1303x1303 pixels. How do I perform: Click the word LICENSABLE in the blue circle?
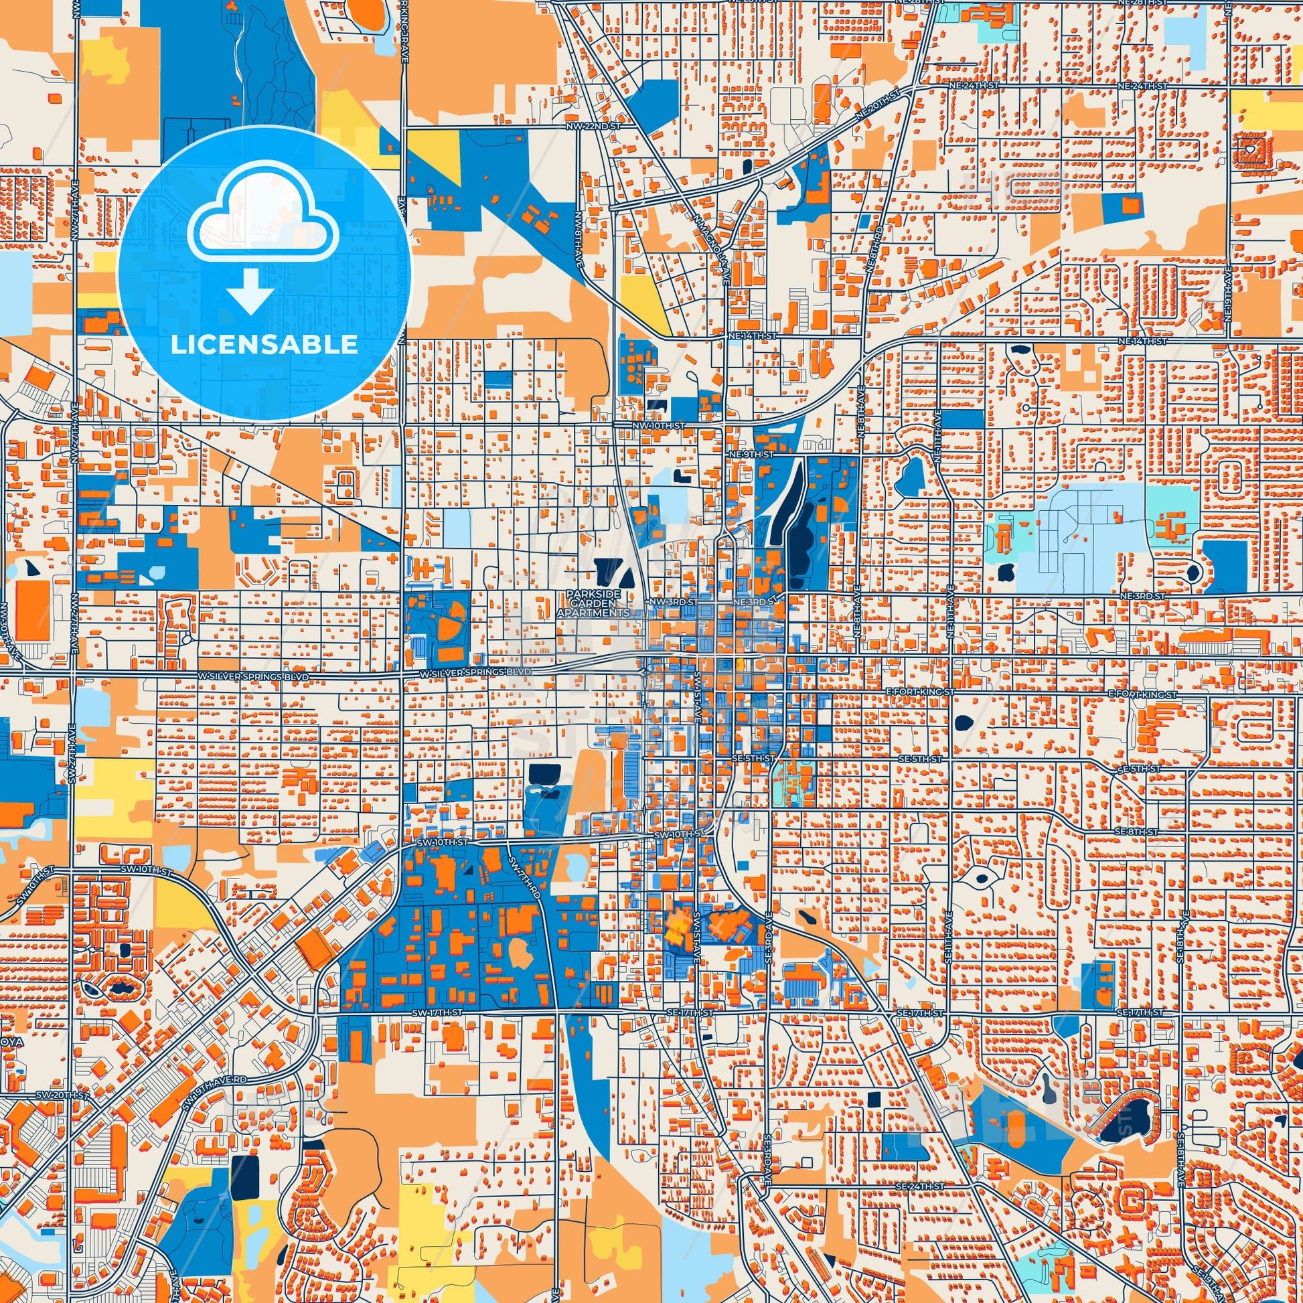pos(264,345)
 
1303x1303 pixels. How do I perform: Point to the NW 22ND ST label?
pos(592,126)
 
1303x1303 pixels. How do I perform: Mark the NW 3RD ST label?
pos(668,600)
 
